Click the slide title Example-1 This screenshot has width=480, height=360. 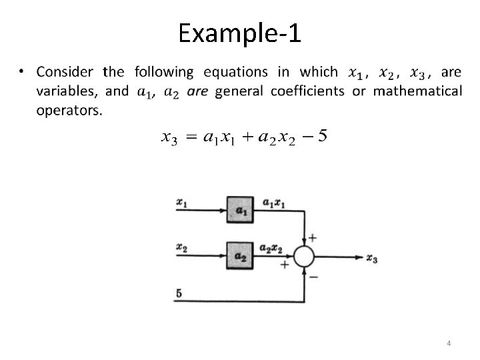coord(240,33)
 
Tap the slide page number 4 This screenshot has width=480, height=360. coord(449,343)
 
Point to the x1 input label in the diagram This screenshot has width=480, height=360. coord(181,200)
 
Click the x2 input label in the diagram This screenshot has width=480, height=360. coord(181,247)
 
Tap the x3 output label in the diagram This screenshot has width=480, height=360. coord(372,259)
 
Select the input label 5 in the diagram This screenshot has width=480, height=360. coord(179,292)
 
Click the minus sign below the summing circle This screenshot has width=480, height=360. coord(313,277)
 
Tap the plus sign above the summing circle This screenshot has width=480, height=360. coord(313,237)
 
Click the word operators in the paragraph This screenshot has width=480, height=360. coord(69,110)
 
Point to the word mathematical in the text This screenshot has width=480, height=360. coord(417,91)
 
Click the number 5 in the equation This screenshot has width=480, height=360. coord(323,137)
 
